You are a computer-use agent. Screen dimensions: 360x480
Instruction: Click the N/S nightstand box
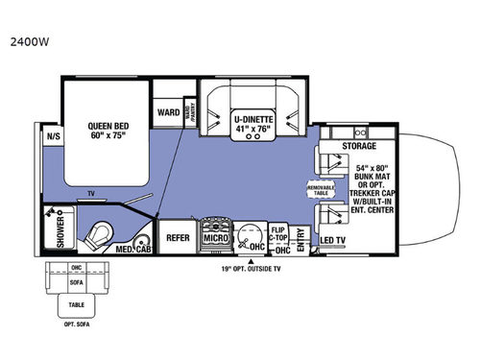(52, 136)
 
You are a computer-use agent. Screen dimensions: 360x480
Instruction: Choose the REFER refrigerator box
(178, 236)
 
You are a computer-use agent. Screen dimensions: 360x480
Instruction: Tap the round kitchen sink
(252, 233)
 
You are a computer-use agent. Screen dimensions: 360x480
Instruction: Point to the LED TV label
(333, 238)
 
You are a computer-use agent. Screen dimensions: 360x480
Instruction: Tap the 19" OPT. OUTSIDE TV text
(252, 270)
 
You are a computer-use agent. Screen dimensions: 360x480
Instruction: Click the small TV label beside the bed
(91, 193)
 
